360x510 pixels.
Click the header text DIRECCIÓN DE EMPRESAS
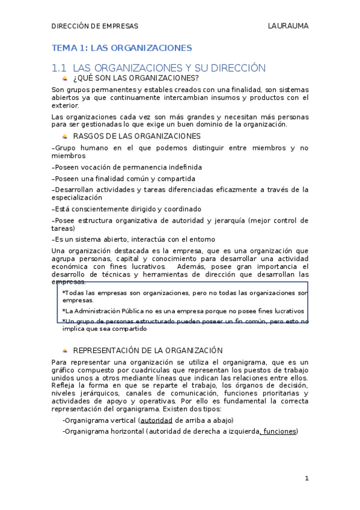click(94, 26)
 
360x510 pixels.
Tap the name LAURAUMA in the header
click(288, 26)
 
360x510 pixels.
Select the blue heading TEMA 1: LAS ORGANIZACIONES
click(122, 48)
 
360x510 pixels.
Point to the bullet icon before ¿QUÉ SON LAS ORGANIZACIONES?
click(65, 78)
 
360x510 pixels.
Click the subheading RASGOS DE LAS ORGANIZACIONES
click(136, 136)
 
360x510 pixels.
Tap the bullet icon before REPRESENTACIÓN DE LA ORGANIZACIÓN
click(65, 350)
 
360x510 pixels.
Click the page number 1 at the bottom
click(307, 478)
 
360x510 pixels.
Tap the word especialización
click(77, 197)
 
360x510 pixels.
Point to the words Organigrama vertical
click(100, 420)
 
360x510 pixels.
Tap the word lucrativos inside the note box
click(285, 311)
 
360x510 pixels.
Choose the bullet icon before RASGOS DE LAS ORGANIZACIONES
click(65, 137)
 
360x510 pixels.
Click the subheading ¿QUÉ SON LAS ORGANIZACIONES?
click(135, 78)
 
